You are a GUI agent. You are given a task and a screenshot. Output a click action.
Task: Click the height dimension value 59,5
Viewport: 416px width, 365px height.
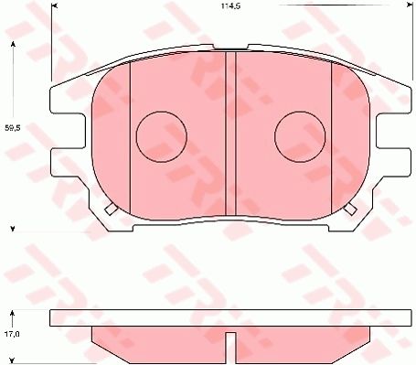point(13,128)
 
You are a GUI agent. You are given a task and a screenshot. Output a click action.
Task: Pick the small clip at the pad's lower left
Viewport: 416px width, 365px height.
point(111,209)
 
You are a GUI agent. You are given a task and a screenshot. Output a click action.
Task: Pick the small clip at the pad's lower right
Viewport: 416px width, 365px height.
point(350,209)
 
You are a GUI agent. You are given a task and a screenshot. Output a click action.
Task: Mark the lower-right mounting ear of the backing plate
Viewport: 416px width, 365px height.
point(399,162)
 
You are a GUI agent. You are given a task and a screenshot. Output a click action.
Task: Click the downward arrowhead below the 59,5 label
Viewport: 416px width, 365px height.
point(13,227)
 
